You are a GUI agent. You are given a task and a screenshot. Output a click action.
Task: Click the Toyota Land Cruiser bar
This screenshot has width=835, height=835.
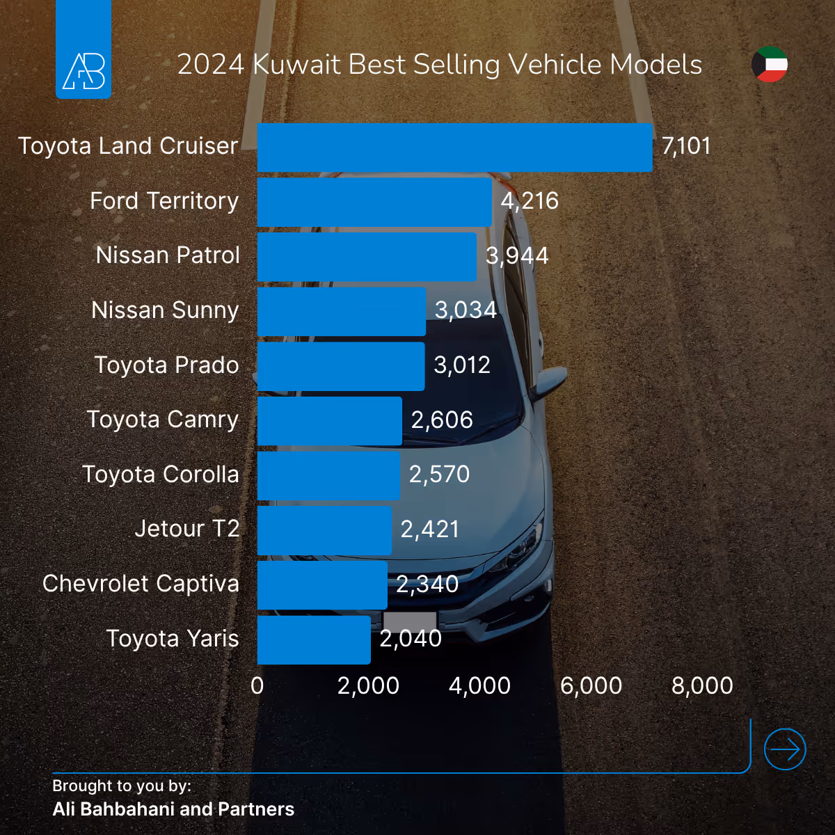pos(454,148)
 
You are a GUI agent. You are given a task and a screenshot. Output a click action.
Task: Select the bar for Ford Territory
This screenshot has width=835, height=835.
pos(374,202)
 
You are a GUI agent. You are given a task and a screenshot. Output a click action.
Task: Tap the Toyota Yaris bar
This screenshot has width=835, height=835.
pos(314,639)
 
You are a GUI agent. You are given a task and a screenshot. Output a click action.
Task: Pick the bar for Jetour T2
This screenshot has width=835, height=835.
pos(324,530)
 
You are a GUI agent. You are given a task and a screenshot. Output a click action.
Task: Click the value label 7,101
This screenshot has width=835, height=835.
pos(686,146)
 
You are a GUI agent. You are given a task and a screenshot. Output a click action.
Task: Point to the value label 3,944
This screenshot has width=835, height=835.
pos(517,256)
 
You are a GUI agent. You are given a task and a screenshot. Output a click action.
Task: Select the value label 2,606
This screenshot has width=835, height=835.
pos(442,420)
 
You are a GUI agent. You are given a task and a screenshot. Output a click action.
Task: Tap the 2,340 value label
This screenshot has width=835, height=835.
pos(427,584)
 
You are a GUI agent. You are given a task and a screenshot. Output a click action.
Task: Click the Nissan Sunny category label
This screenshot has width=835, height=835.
pos(165,310)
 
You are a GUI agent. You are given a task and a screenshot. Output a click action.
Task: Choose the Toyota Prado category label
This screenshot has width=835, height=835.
pos(166,365)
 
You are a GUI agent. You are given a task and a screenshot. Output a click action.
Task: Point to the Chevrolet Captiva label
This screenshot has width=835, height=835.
pos(141,584)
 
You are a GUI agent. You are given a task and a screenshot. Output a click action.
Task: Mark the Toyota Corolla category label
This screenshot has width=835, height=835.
pos(161,475)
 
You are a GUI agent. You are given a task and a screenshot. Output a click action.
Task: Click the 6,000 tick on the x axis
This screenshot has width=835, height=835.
pos(591,686)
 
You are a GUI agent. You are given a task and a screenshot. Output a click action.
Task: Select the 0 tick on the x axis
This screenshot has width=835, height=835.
pos(257,686)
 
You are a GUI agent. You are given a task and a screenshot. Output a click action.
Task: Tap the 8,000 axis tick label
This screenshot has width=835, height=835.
pos(702,686)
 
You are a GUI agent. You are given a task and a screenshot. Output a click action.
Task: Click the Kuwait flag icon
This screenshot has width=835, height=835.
pos(770,65)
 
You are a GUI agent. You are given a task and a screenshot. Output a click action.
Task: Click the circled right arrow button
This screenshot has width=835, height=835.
pos(785,749)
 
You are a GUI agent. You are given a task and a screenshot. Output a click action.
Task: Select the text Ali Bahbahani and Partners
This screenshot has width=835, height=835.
pos(173,810)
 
